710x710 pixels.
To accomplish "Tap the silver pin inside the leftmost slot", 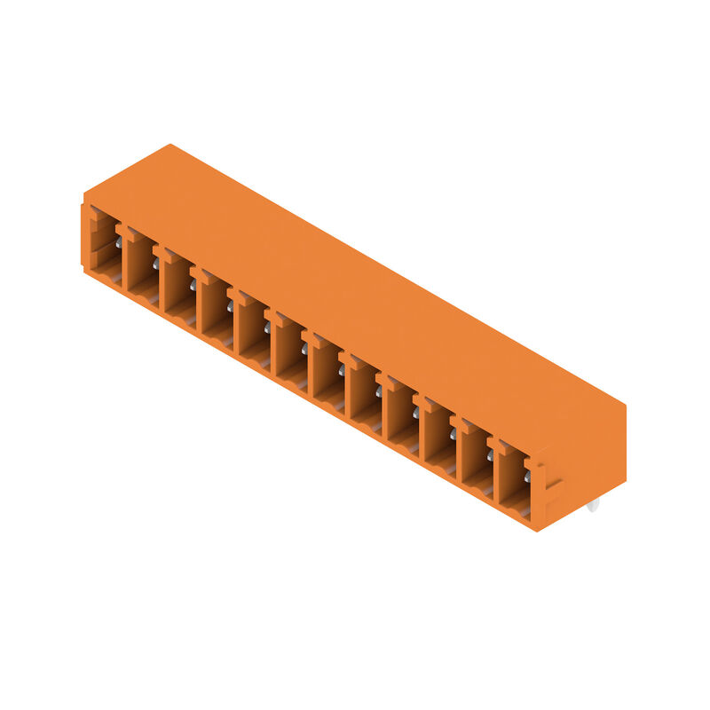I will (118, 241).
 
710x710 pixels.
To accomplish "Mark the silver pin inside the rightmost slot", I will (526, 477).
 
